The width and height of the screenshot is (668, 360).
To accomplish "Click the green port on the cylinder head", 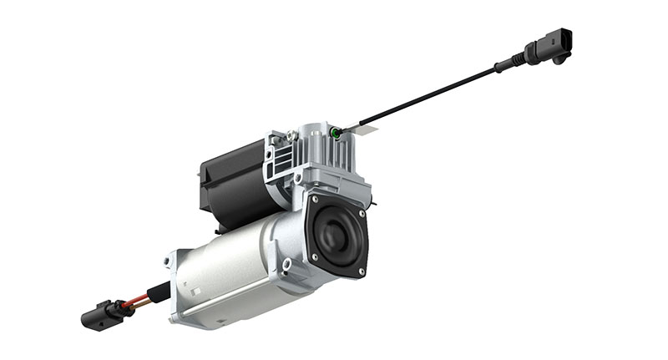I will pos(335,132).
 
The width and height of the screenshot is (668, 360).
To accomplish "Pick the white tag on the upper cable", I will pos(362,126).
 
